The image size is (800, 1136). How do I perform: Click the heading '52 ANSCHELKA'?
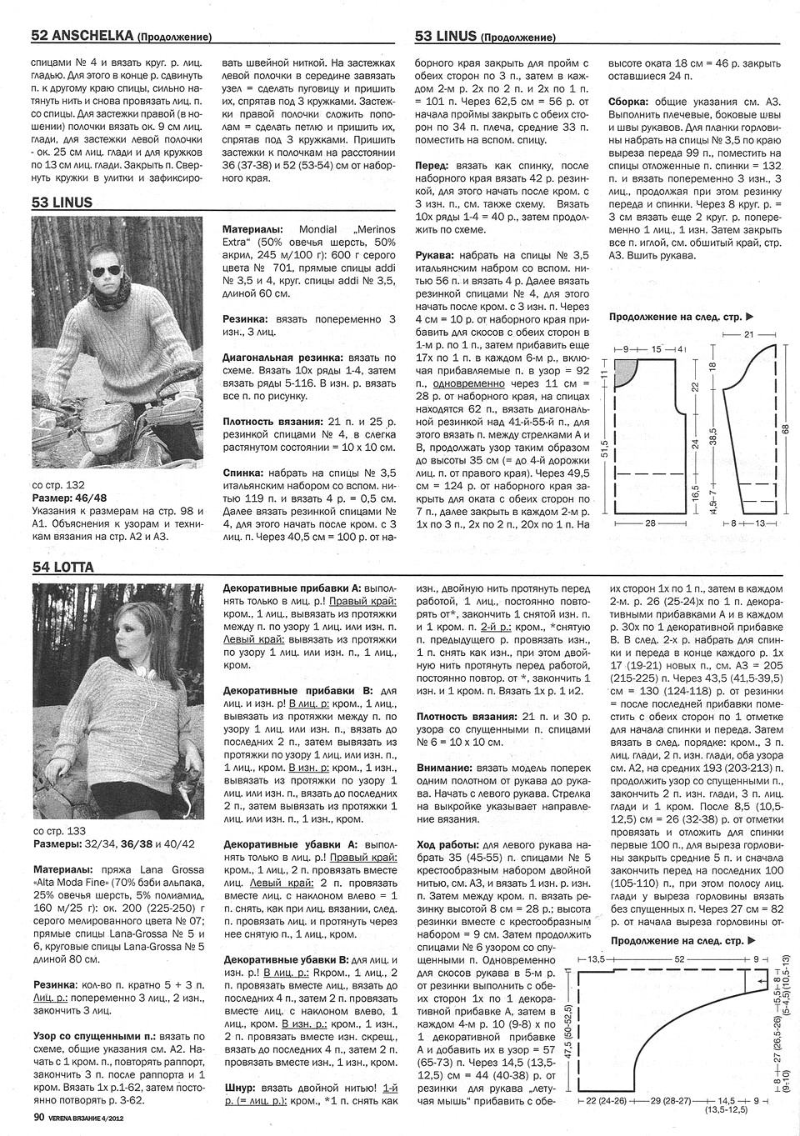[83, 36]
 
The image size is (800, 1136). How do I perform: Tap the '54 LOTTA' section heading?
[62, 568]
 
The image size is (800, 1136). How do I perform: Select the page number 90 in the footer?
[38, 1117]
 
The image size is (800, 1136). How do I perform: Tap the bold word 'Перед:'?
[436, 166]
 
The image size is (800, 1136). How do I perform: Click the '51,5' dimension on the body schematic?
[605, 439]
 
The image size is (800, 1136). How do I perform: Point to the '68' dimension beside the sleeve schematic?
[784, 427]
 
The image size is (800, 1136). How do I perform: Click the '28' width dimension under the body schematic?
[650, 523]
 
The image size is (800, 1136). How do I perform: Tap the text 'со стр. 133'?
[58, 831]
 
